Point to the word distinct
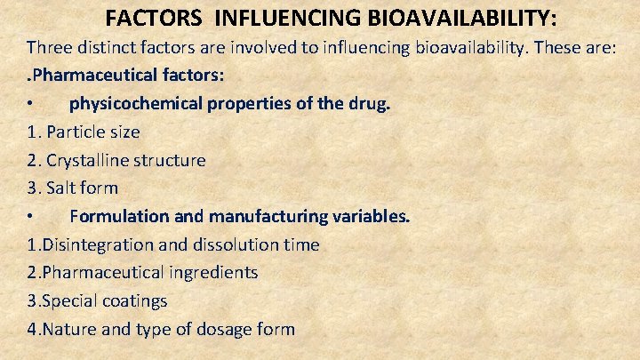(116, 46)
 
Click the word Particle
(77, 132)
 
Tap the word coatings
(136, 301)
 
